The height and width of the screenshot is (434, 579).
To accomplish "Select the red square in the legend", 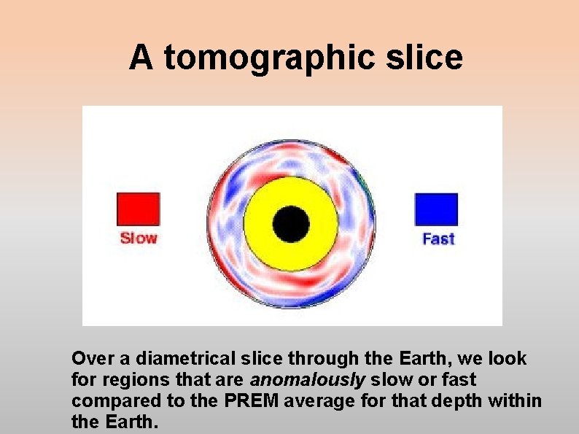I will click(x=139, y=209).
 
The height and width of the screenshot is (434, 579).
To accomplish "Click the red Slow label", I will click(x=139, y=238).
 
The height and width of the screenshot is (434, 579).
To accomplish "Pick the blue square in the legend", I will click(x=436, y=209).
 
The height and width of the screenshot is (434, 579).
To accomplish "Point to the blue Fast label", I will click(x=438, y=239).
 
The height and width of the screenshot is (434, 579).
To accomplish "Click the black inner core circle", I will click(x=291, y=222).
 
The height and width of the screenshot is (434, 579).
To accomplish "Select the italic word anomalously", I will click(x=306, y=380).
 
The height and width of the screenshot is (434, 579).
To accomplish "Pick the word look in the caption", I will click(x=510, y=359).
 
